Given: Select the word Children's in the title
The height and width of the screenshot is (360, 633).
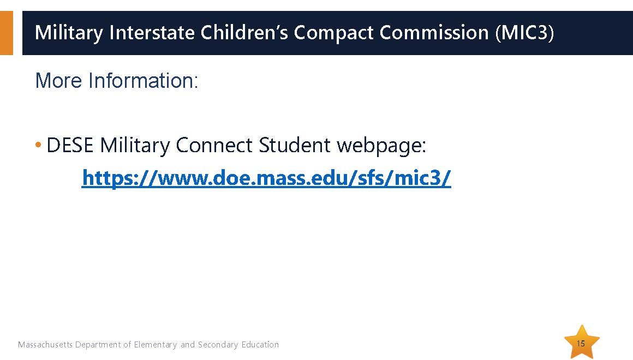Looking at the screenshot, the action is click(244, 32).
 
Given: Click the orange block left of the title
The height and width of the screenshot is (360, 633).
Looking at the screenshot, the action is click(7, 33).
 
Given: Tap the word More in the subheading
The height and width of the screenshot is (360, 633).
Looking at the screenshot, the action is click(59, 80).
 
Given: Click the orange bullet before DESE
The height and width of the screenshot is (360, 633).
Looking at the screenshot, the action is click(38, 144).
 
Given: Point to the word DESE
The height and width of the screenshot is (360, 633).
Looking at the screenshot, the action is click(70, 145).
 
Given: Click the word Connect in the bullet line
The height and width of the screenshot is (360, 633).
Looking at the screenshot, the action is click(214, 145).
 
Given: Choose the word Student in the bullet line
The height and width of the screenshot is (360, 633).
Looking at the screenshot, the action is click(295, 145).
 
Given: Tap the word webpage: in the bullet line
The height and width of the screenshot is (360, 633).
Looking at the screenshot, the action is click(381, 146).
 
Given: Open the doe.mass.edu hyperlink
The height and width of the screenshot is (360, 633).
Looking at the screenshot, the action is click(266, 178).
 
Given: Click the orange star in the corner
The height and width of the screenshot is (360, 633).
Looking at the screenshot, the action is click(582, 342).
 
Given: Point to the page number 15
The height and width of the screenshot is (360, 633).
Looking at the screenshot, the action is click(581, 344).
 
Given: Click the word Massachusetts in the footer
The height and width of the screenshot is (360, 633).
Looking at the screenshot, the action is click(45, 345).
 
